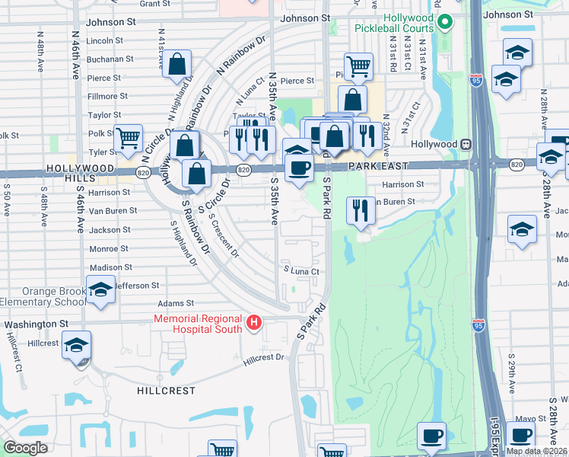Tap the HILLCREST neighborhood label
click(166, 391)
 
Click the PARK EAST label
click(379, 165)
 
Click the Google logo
click(25, 448)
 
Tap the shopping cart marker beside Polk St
click(128, 138)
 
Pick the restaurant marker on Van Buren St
click(360, 209)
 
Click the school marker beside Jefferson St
click(100, 290)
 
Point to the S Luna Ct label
click(300, 271)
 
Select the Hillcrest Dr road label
click(263, 356)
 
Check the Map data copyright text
click(537, 451)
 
